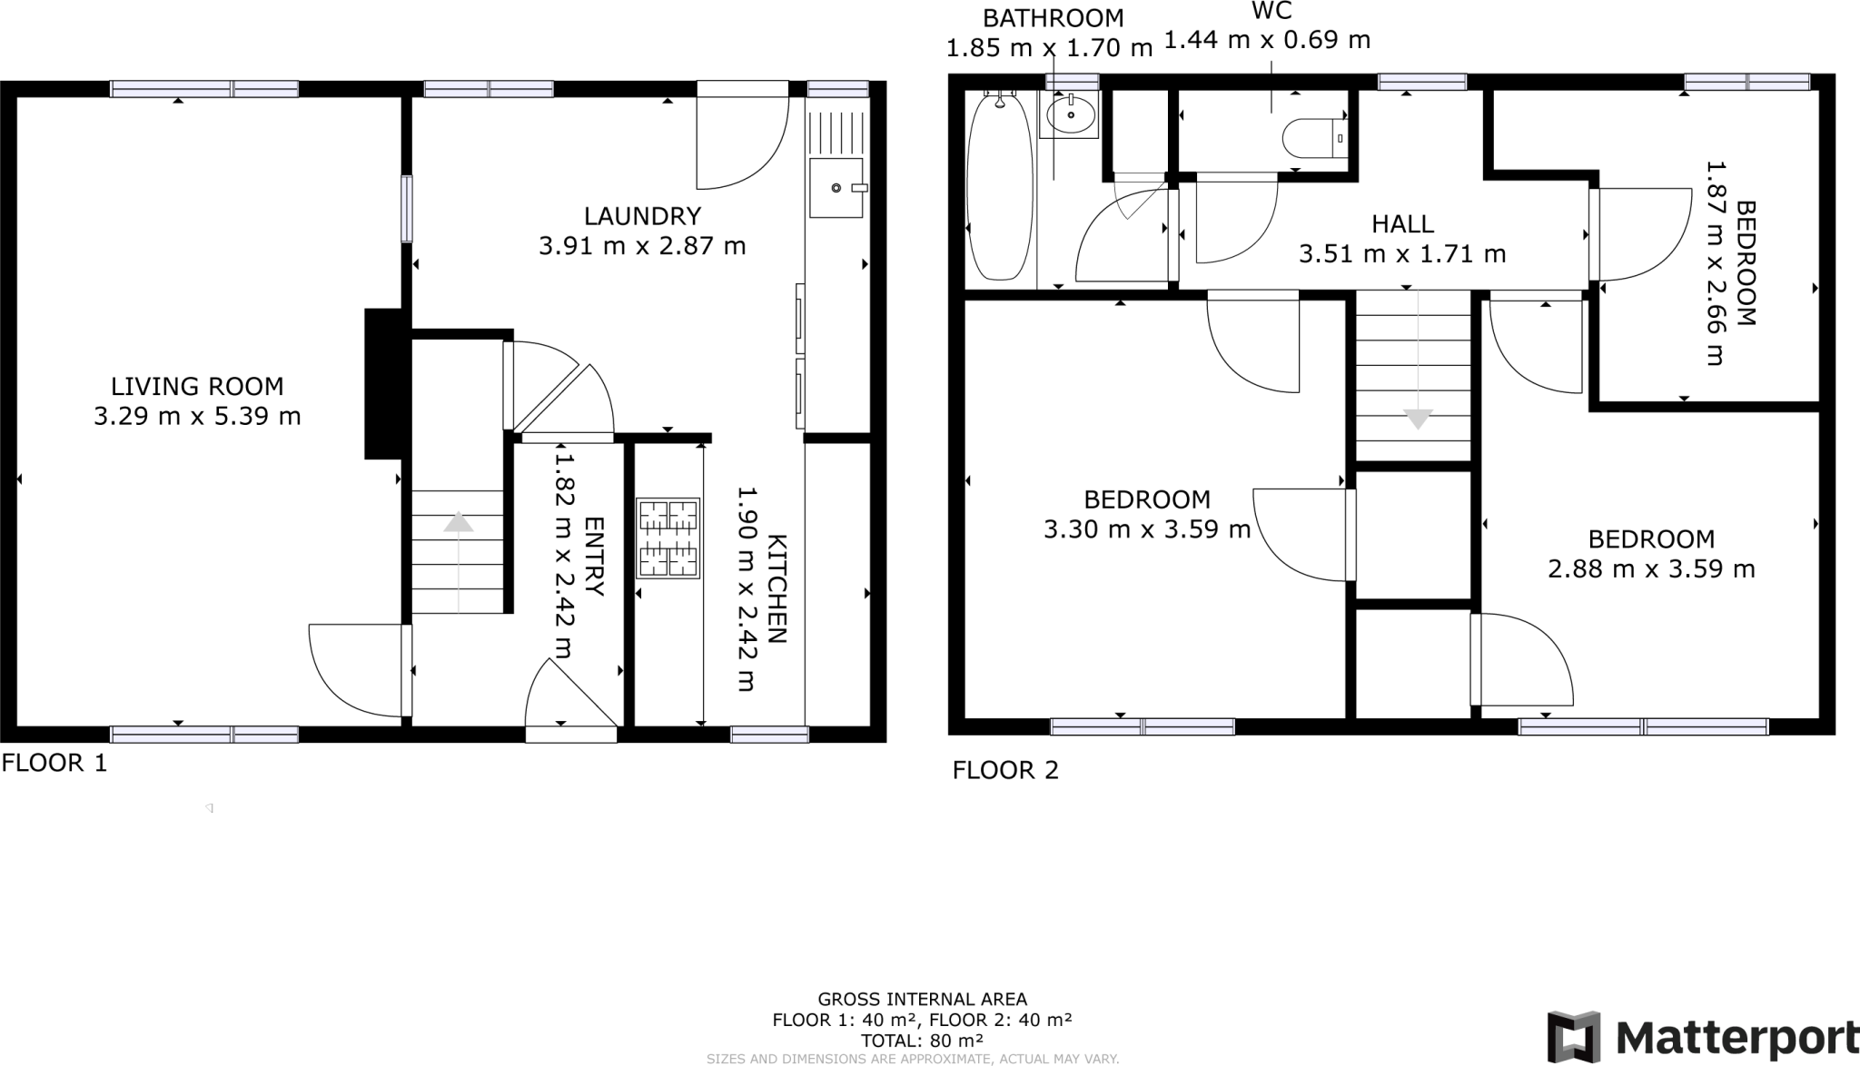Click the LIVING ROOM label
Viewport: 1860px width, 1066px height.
(x=197, y=387)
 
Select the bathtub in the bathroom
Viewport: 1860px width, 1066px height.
(x=999, y=188)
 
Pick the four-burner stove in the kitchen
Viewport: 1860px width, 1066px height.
(x=668, y=538)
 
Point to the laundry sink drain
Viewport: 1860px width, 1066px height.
(x=836, y=188)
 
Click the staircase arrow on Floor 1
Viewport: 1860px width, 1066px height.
(x=459, y=523)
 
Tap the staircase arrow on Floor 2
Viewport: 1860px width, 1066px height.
(x=1418, y=419)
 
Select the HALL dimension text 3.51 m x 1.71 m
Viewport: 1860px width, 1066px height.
(x=1402, y=254)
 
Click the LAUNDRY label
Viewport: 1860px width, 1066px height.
(x=642, y=216)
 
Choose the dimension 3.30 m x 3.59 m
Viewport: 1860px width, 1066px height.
(x=1147, y=529)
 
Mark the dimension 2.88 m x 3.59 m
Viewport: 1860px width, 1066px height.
(x=1651, y=569)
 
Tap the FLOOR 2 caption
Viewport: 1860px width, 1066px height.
(x=1005, y=771)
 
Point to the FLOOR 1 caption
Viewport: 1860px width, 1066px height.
(x=54, y=764)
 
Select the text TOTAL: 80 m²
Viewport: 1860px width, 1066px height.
(x=922, y=1041)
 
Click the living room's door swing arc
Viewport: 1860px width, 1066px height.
(x=336, y=676)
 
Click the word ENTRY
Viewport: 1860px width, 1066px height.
(x=593, y=556)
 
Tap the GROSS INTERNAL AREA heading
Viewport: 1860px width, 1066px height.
(x=922, y=1000)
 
